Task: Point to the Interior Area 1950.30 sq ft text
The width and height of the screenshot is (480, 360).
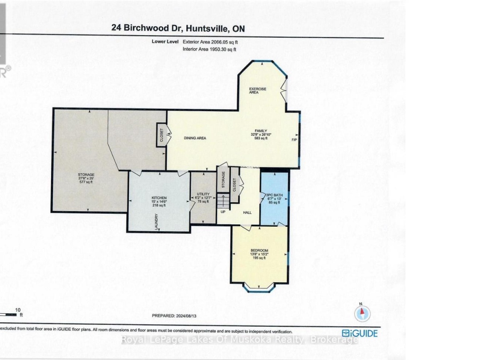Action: [x=213, y=49]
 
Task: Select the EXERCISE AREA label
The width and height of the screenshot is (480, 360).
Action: [x=257, y=91]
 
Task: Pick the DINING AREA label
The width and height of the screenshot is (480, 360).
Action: [x=195, y=138]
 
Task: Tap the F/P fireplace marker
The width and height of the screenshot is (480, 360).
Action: [x=294, y=140]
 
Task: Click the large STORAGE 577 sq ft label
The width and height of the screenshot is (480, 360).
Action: [x=86, y=177]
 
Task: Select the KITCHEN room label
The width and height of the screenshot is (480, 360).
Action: [x=159, y=201]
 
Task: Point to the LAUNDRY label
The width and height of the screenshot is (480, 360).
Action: [x=156, y=221]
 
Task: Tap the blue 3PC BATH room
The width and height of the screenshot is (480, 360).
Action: [x=274, y=198]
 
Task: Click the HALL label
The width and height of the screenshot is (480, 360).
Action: [x=247, y=212]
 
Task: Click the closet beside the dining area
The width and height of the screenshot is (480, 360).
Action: [x=161, y=135]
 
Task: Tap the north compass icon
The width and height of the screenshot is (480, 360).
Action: [x=362, y=313]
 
